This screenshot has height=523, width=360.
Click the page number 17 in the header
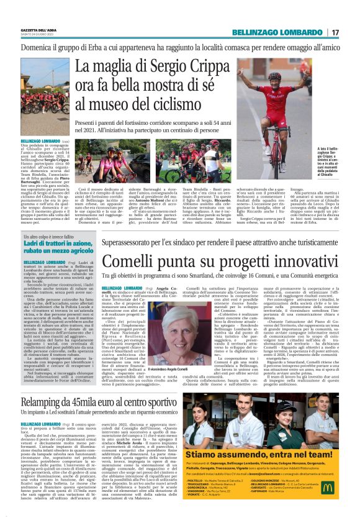(x=336, y=32)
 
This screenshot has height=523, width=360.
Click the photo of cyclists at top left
(x=45, y=93)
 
